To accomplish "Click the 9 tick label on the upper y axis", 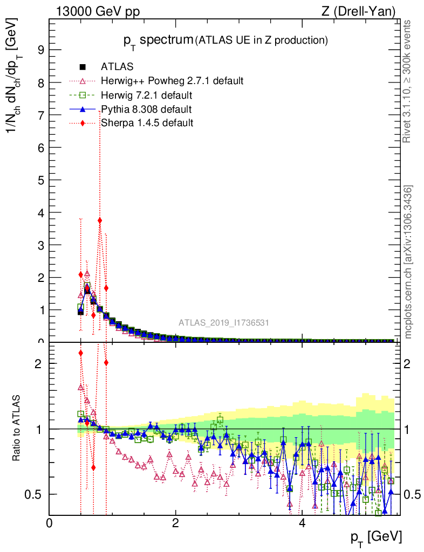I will [x=40, y=50].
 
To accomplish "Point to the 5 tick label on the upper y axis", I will [x=40, y=180].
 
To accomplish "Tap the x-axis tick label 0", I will [x=49, y=523].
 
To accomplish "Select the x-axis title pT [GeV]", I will [x=377, y=537].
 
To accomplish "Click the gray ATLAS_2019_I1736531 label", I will [x=224, y=323].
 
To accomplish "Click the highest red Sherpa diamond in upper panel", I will [x=100, y=220].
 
